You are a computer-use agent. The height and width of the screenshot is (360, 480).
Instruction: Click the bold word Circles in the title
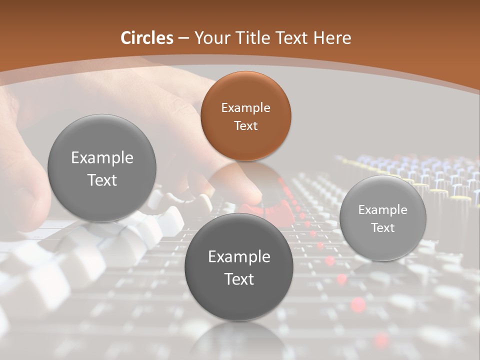pos(147,38)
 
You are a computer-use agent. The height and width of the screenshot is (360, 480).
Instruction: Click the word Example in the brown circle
pos(245,107)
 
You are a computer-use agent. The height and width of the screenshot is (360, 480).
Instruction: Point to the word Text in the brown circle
pos(245,125)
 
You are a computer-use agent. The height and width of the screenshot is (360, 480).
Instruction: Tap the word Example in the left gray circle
pos(102,158)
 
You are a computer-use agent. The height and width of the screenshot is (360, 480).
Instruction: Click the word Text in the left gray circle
pos(102,180)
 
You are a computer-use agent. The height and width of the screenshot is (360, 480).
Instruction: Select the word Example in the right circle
pos(383,209)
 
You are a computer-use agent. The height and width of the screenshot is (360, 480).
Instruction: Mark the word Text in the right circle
pos(383,228)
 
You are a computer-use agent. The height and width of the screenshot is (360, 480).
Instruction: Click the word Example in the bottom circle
pos(239,257)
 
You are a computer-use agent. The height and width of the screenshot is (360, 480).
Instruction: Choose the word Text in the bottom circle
pos(239,279)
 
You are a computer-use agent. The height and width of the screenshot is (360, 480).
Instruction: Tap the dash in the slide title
pos(183,38)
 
